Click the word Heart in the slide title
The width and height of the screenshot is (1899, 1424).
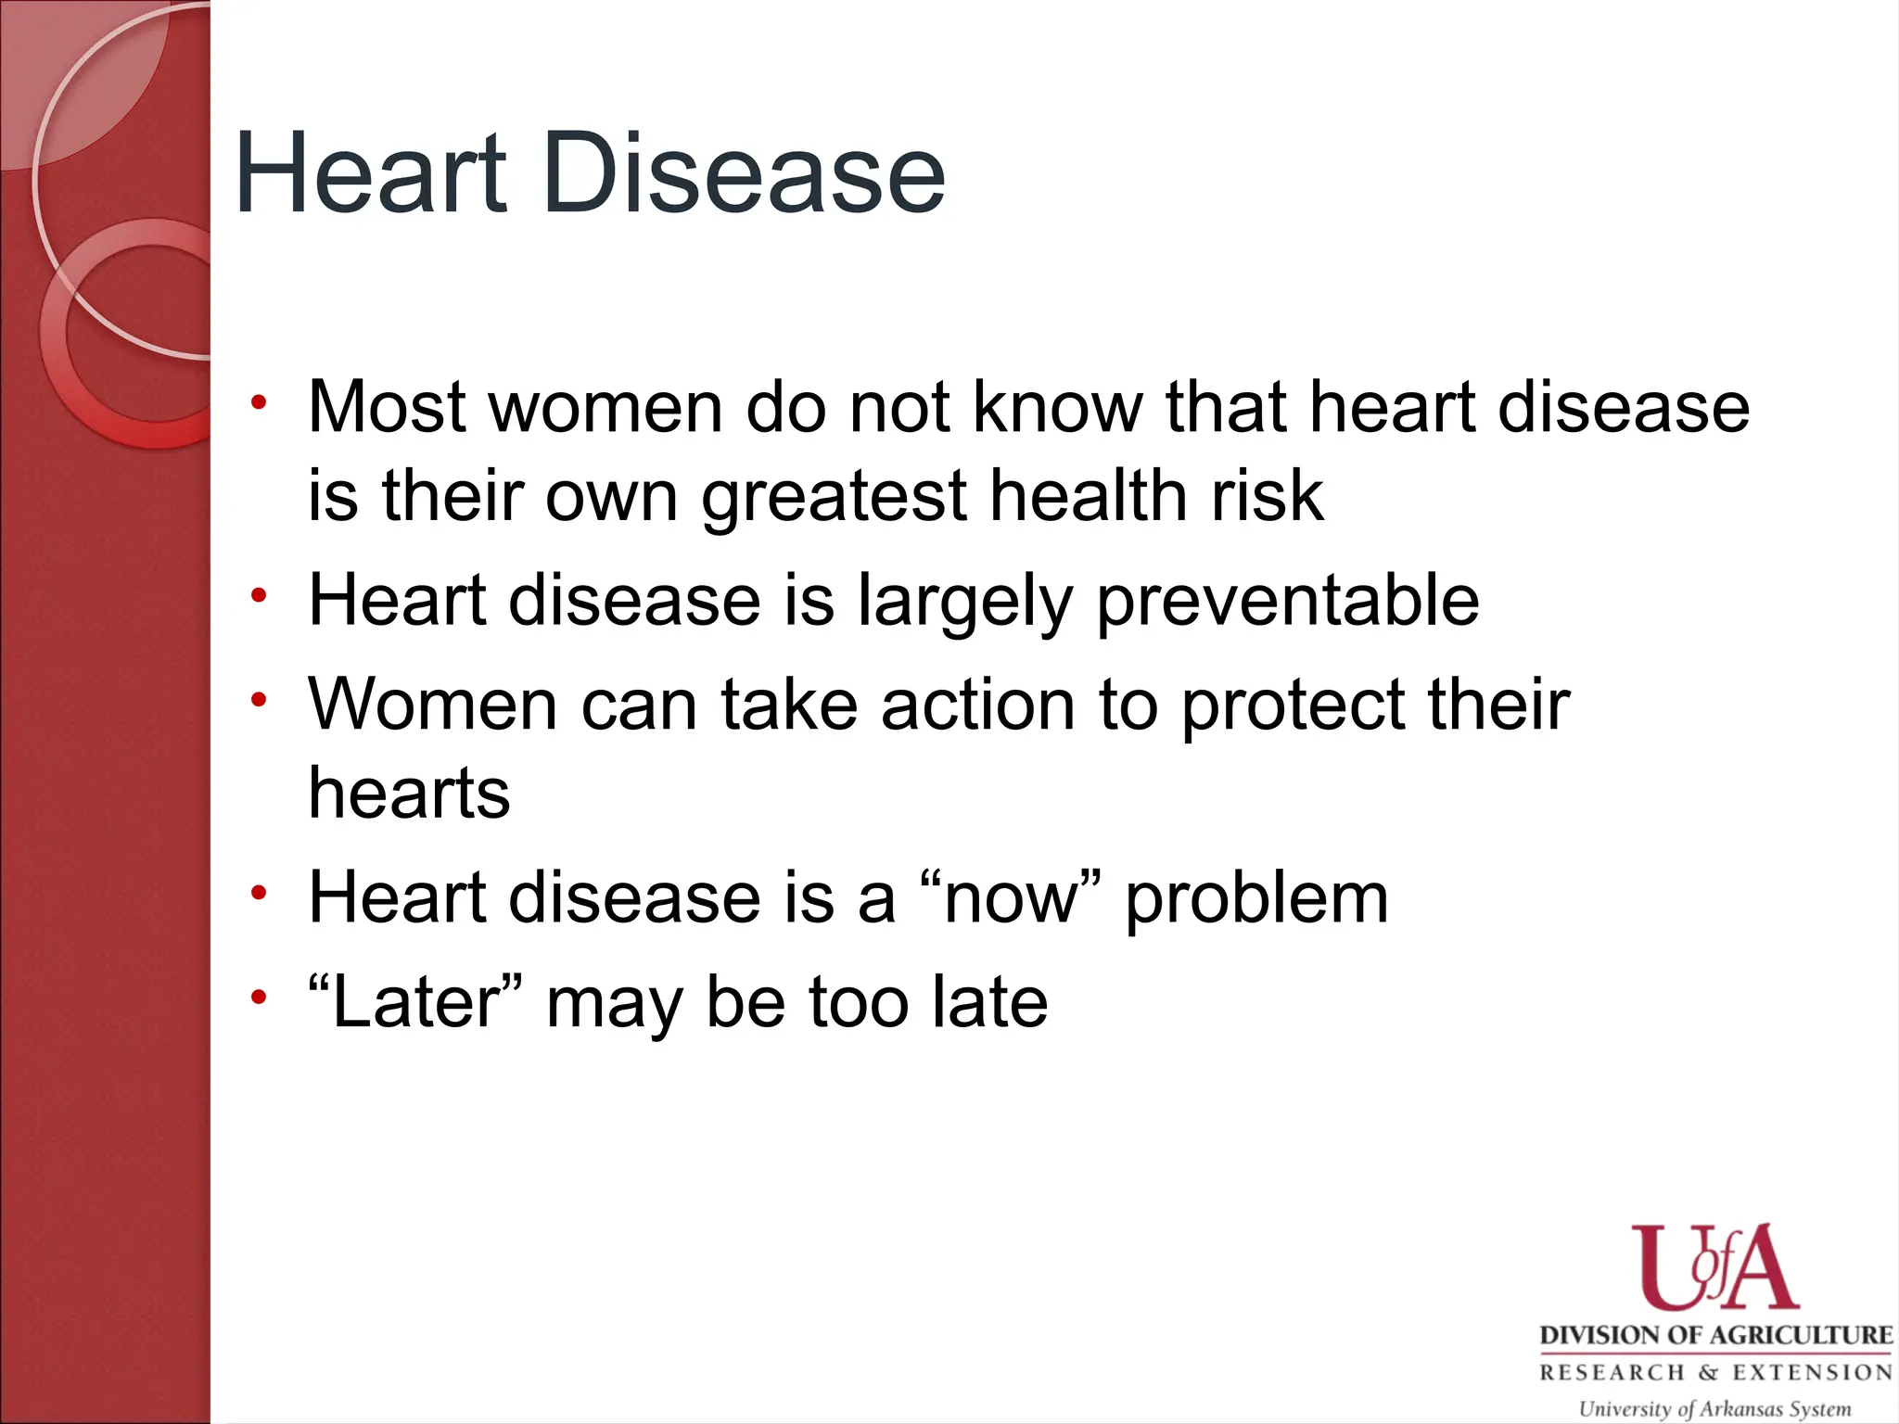coord(371,173)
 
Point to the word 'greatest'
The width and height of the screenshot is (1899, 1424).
coord(834,496)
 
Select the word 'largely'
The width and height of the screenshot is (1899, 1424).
coord(965,601)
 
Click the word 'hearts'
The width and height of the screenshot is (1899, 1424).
coord(409,794)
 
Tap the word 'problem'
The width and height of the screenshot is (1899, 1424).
coord(1256,899)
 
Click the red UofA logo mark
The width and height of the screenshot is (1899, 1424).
coord(1714,1268)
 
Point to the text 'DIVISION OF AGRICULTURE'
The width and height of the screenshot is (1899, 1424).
coord(1715,1335)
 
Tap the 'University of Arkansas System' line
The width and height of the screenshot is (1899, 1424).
coord(1714,1408)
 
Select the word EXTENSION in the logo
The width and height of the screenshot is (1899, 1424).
coord(1813,1372)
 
